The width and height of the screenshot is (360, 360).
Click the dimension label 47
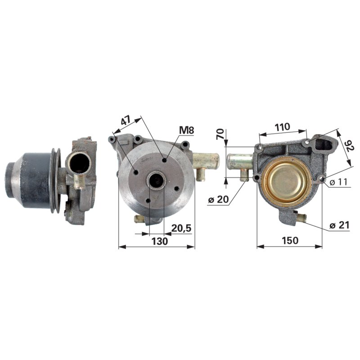click(126, 120)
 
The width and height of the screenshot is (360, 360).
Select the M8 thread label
click(186, 130)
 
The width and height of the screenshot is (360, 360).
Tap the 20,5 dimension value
click(181, 228)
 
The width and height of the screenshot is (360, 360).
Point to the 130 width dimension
click(160, 241)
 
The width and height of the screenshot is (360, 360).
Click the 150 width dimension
click(290, 240)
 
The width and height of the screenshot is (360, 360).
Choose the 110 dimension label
click(282, 127)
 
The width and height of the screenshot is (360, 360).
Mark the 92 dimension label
click(349, 145)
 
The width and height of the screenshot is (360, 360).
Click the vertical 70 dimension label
click(220, 134)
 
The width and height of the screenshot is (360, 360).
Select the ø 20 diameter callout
click(218, 199)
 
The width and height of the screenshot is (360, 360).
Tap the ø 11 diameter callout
click(339, 182)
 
